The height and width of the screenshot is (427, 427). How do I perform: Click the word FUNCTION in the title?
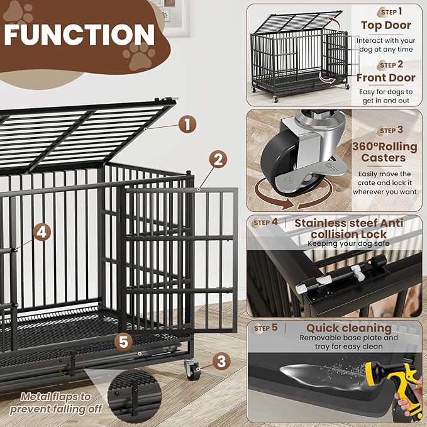[79, 35]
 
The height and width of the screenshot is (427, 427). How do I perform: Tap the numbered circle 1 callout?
[187, 124]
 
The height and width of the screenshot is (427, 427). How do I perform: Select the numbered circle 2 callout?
[217, 159]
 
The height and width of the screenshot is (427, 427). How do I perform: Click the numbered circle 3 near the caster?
[221, 361]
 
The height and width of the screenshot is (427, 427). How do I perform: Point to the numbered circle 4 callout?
[42, 232]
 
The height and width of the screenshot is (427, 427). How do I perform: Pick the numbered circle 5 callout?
[124, 342]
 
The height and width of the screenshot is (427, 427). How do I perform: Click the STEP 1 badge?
[391, 12]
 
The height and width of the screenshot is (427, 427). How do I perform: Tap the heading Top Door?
[385, 26]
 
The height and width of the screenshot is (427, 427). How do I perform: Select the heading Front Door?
[385, 78]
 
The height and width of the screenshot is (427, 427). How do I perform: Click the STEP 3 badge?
[391, 131]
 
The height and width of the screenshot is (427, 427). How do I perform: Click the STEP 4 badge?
[265, 223]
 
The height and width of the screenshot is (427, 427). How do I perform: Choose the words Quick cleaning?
[348, 328]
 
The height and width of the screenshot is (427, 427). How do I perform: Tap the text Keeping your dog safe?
[348, 243]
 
